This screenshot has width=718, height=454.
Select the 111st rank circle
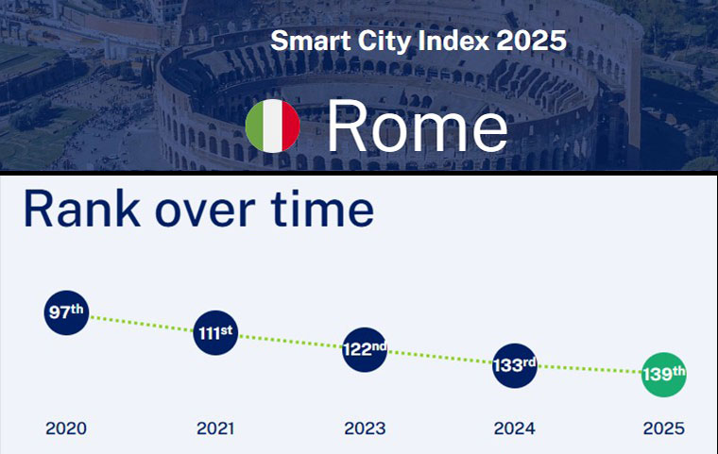pyautogui.click(x=215, y=332)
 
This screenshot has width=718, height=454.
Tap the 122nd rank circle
pyautogui.click(x=364, y=349)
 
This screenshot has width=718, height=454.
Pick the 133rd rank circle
pyautogui.click(x=514, y=365)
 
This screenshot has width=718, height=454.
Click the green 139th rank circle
pyautogui.click(x=663, y=375)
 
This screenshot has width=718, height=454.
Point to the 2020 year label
pyautogui.click(x=66, y=429)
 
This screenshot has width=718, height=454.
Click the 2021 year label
pyautogui.click(x=215, y=429)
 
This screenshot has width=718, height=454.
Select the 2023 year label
pyautogui.click(x=365, y=429)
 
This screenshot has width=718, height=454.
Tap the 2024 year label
pyautogui.click(x=514, y=429)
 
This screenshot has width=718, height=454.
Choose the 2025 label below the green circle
pyautogui.click(x=663, y=429)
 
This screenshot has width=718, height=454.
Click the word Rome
pyautogui.click(x=417, y=126)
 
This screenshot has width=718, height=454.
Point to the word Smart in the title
pyautogui.click(x=302, y=42)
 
